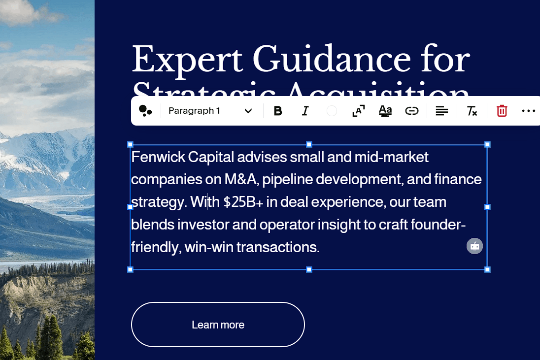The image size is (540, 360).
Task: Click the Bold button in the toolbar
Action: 278,111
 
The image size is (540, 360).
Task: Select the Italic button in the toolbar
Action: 305,111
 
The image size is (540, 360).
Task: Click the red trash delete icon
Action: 502,111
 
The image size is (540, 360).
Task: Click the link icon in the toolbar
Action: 411,111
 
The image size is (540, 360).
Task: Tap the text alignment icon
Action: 441,111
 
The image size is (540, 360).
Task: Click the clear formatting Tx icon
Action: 472,111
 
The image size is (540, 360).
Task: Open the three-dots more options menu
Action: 528,111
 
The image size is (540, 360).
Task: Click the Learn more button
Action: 218,325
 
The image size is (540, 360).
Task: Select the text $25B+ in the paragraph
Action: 243,202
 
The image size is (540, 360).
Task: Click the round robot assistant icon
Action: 474,246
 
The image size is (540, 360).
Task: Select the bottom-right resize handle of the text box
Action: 487,269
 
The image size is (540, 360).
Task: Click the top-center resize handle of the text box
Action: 309,144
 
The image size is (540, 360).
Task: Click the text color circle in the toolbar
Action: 332,111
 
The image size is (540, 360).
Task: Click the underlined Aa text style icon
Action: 385,111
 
